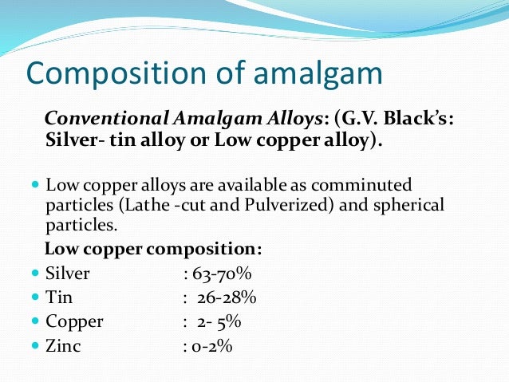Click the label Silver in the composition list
click(68, 274)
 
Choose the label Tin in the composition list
click(58, 298)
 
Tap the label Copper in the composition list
click(74, 322)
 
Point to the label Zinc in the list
click(63, 347)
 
